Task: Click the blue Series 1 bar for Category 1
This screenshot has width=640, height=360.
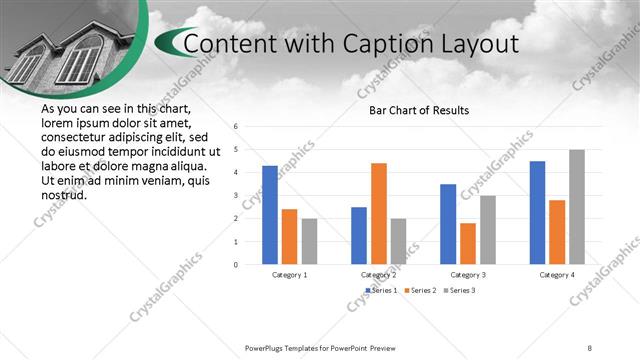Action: pyautogui.click(x=270, y=215)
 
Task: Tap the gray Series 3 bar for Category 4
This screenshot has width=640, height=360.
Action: pyautogui.click(x=577, y=207)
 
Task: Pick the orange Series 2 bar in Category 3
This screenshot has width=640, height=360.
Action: pyautogui.click(x=468, y=243)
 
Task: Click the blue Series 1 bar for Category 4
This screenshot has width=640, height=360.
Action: pyautogui.click(x=537, y=212)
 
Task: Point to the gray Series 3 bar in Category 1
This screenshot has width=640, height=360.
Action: pyautogui.click(x=309, y=241)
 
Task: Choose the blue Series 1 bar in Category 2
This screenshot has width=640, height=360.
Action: pyautogui.click(x=359, y=235)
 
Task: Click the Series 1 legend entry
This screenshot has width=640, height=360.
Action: pyautogui.click(x=381, y=290)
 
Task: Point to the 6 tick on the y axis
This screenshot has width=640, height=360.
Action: pyautogui.click(x=235, y=127)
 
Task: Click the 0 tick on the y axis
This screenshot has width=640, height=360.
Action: pyautogui.click(x=235, y=265)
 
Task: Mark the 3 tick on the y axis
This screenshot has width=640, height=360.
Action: pyautogui.click(x=235, y=196)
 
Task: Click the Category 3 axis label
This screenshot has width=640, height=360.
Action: pyautogui.click(x=468, y=274)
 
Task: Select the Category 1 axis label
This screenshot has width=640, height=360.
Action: pyautogui.click(x=290, y=274)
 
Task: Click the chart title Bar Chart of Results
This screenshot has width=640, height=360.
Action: pyautogui.click(x=419, y=110)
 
